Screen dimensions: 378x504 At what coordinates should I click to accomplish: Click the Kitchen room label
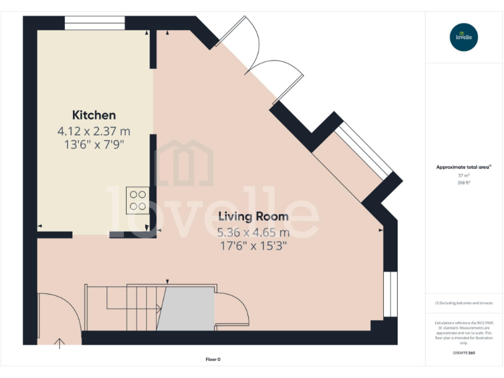pos(94,115)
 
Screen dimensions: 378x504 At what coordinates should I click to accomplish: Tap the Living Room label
pos(253,217)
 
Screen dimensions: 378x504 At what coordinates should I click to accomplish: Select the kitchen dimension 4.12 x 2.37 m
pos(94,131)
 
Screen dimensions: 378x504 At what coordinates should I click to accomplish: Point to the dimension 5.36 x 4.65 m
pos(253,232)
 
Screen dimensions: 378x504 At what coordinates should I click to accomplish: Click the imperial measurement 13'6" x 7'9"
pos(94,144)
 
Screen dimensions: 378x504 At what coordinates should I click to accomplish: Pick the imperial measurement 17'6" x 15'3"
pos(253,246)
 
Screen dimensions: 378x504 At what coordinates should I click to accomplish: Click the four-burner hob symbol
pos(138,199)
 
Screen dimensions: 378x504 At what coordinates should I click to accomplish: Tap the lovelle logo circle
pos(464,37)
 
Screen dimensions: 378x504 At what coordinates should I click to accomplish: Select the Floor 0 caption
pos(213,359)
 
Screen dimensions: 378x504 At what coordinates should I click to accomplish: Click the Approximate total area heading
pos(463,167)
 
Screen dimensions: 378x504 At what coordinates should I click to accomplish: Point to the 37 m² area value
pos(463,176)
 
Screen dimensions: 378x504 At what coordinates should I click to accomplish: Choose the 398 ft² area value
pos(463,183)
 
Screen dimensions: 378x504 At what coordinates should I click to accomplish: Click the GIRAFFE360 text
pos(463,353)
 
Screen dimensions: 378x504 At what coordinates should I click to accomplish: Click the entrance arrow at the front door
pos(60,341)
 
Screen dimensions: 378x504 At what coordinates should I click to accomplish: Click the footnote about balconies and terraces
pos(463,303)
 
